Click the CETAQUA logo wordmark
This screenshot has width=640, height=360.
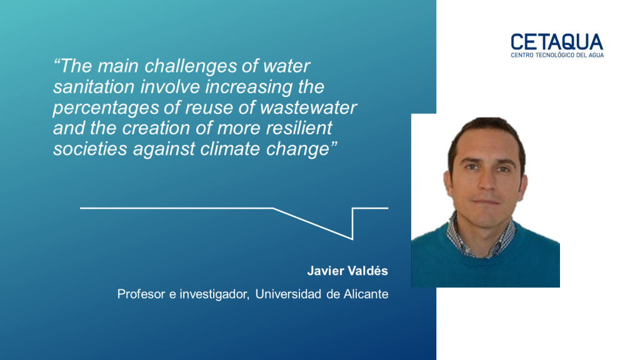557,42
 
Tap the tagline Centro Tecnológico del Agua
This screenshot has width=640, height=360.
557,55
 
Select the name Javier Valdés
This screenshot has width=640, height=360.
347,271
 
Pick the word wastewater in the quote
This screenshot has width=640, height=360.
308,107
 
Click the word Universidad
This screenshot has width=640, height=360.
288,294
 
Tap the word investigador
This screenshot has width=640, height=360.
214,294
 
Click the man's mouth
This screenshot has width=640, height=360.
486,202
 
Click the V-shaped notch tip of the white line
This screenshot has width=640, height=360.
352,239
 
